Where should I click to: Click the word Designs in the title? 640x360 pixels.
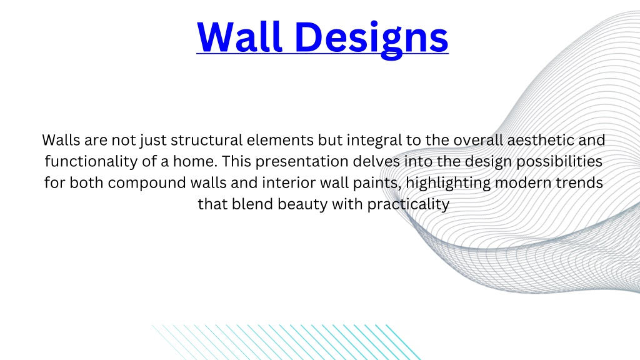pos(371,39)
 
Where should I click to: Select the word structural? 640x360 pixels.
pos(206,140)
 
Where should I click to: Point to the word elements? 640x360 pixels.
pos(280,140)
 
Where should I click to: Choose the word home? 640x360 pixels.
pos(195,161)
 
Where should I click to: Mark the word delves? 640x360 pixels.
pos(376,161)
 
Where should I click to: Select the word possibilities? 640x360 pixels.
pos(559,162)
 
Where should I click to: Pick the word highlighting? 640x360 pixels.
pos(448,183)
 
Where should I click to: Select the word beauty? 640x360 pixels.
pos(302,204)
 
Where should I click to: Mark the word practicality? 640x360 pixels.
pos(408,204)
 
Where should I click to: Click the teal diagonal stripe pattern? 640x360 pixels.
pos(286,342)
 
